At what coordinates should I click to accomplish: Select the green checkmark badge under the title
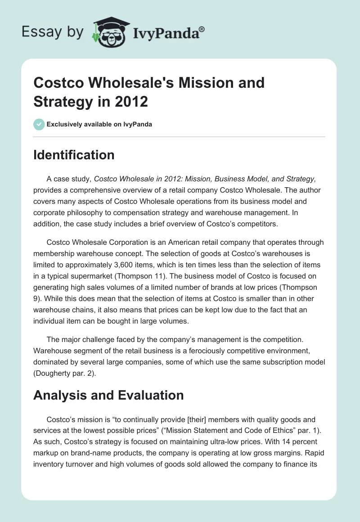coord(39,124)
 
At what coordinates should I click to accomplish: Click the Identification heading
coord(74,155)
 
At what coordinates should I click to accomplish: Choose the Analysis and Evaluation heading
coord(109,395)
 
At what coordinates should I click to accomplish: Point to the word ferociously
coord(211,351)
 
